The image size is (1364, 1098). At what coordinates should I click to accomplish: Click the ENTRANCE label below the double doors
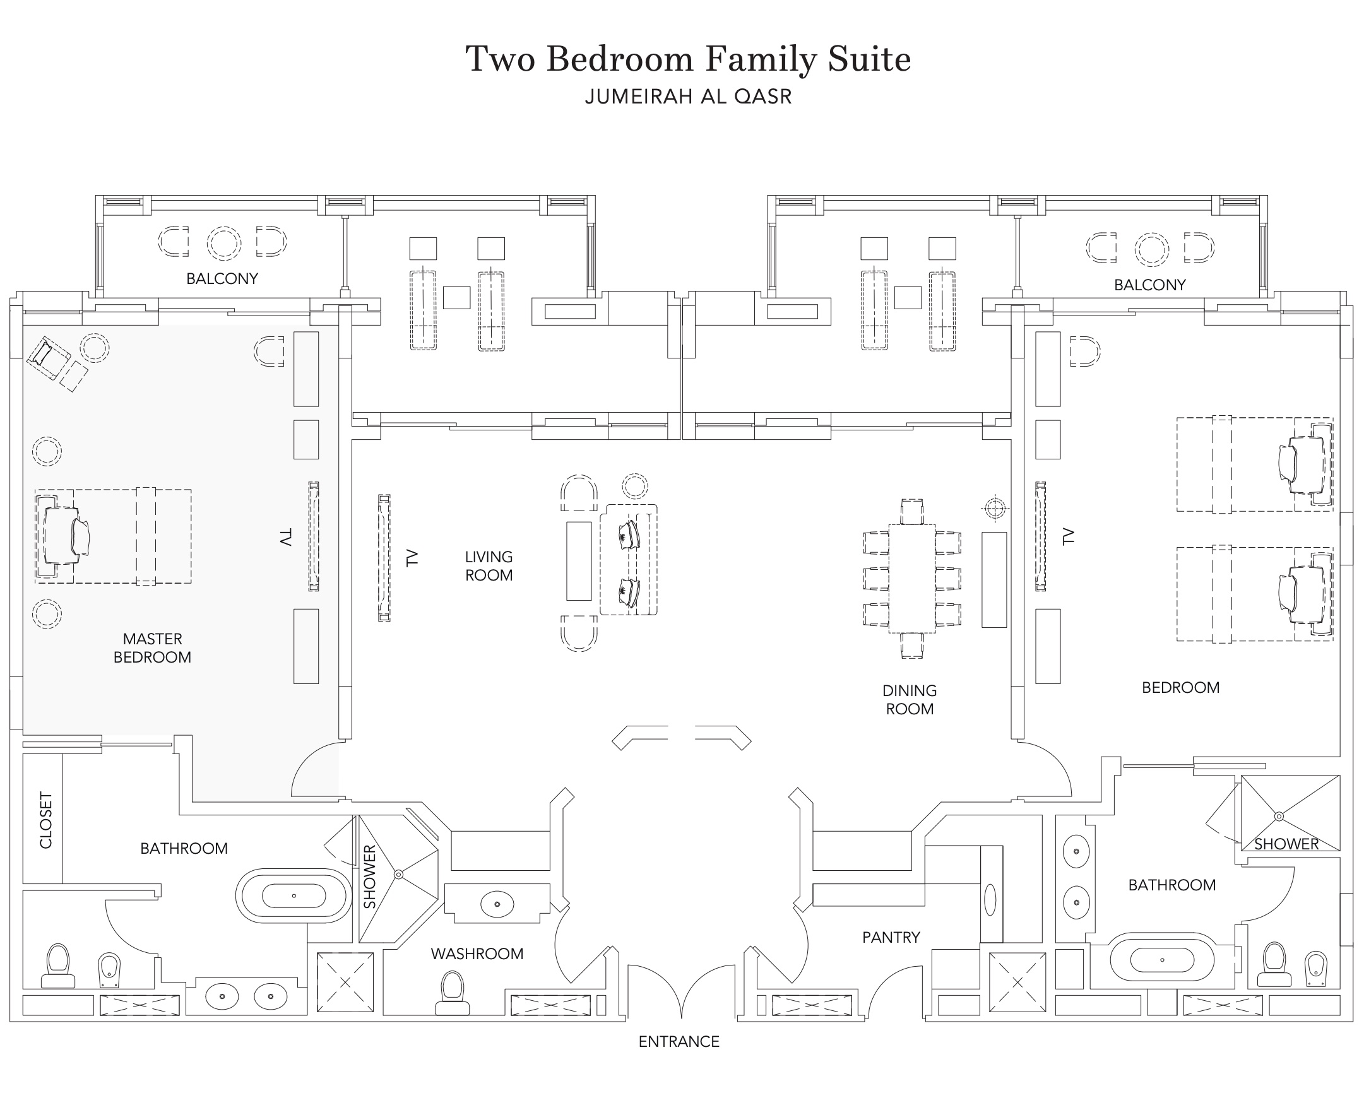(678, 1041)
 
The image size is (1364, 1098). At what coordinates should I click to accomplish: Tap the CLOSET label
(45, 820)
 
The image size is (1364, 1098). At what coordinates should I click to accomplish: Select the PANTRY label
(891, 936)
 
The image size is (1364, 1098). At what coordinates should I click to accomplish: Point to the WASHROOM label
(477, 953)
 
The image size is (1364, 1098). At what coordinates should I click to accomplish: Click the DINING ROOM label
(909, 700)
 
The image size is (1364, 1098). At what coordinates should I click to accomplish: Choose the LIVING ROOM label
(489, 565)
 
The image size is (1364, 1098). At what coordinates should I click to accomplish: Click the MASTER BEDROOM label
(152, 647)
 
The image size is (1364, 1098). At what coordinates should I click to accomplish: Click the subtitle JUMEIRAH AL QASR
(689, 97)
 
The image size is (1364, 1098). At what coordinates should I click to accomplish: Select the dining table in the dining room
(911, 578)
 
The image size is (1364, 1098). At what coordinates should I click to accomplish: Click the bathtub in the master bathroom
(294, 895)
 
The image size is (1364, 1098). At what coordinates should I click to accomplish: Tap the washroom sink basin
(497, 904)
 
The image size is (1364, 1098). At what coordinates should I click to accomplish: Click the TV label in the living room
(412, 558)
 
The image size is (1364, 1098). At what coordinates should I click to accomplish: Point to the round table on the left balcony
(223, 243)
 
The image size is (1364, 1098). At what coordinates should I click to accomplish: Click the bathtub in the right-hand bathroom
(1161, 959)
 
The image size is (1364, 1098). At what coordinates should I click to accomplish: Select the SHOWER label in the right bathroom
(1286, 844)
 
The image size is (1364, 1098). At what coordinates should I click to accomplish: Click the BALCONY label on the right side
(1149, 285)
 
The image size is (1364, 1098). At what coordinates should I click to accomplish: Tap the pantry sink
(990, 899)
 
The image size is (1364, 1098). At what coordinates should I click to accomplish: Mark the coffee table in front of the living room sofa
(578, 560)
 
